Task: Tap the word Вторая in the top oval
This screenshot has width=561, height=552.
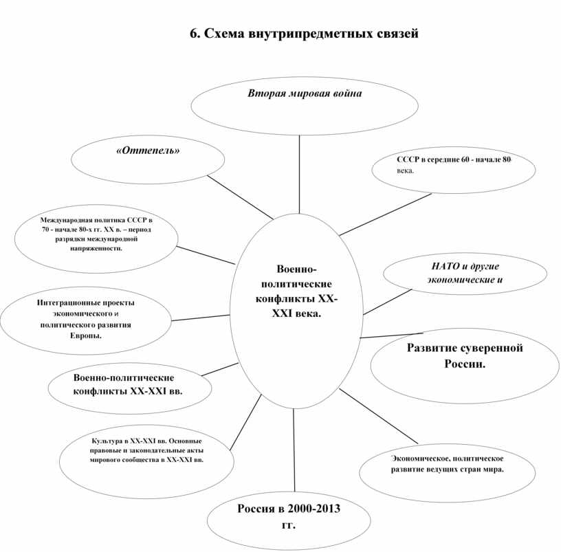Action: [x=266, y=93]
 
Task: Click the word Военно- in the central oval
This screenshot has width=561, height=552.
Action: [x=296, y=269]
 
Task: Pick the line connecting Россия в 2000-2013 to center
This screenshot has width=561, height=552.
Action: [x=294, y=450]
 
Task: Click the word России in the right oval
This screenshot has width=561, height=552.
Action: [x=465, y=364]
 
